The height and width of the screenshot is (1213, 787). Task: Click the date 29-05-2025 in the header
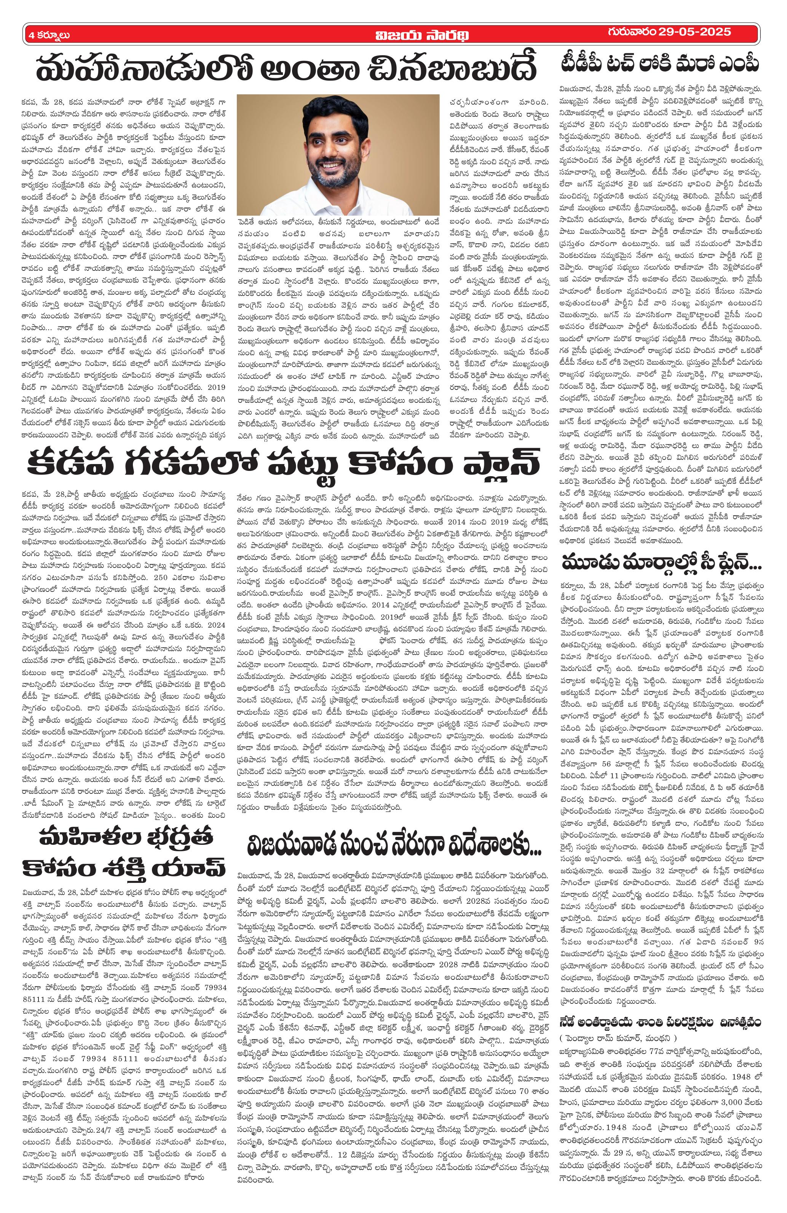694,33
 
